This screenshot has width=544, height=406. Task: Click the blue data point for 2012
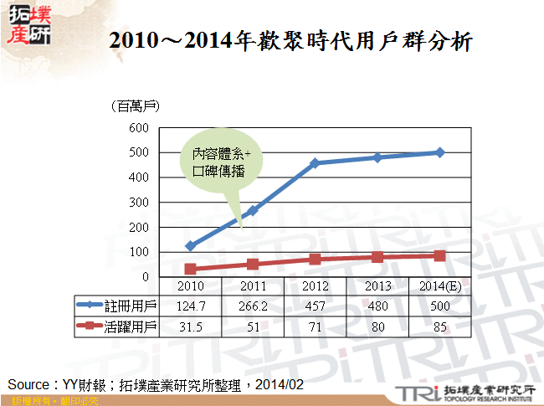tap(315, 163)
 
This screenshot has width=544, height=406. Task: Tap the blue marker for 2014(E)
tap(440, 152)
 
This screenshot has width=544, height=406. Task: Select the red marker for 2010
tap(190, 269)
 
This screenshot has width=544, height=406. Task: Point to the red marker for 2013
tap(377, 257)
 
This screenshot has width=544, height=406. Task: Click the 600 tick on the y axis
tap(140, 128)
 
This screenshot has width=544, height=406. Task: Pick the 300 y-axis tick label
tap(140, 203)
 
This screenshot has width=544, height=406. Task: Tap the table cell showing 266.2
tap(253, 306)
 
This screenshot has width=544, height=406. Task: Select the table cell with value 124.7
tap(190, 306)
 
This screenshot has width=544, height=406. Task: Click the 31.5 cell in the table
tap(190, 325)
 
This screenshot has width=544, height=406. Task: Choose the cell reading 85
tap(440, 325)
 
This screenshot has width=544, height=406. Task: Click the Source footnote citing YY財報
tap(155, 384)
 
